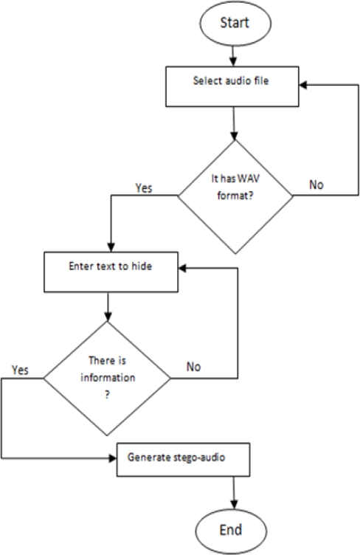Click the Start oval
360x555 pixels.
tap(233, 21)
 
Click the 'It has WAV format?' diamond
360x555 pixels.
tap(234, 196)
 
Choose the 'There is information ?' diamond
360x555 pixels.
tap(108, 378)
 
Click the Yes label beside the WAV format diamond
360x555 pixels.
tap(145, 187)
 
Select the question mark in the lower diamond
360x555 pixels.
tap(108, 396)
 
